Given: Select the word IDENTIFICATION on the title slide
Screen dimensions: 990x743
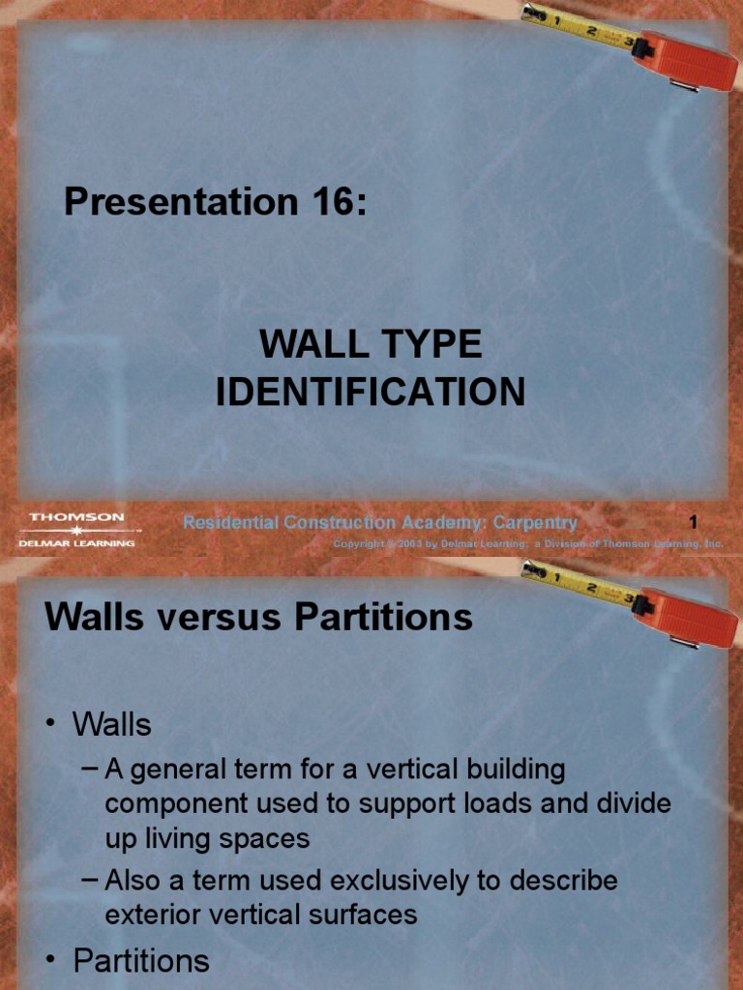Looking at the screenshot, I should pyautogui.click(x=371, y=392).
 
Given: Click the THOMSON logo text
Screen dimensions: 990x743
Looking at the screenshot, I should pyautogui.click(x=76, y=517).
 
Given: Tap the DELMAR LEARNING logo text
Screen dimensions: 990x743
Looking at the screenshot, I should pyautogui.click(x=76, y=543).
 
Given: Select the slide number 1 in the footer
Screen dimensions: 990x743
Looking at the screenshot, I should pyautogui.click(x=693, y=523).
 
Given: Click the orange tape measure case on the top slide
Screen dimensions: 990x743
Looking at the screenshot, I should pyautogui.click(x=689, y=60).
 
